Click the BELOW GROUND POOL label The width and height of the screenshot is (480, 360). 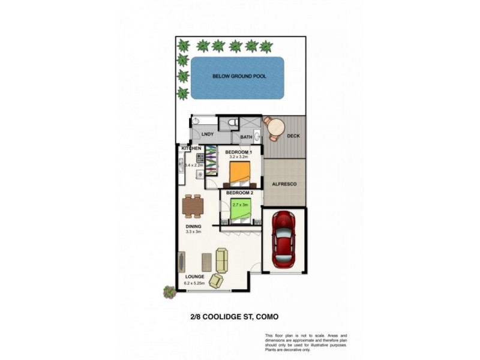[239, 77]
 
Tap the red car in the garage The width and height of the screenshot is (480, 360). [283, 239]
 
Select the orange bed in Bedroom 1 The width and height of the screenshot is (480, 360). [239, 174]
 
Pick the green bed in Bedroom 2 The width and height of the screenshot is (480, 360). [240, 211]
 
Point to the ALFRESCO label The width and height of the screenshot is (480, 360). [284, 185]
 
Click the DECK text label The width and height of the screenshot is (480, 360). [293, 136]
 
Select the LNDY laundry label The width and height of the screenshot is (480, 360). [208, 134]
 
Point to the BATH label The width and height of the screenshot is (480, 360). [246, 137]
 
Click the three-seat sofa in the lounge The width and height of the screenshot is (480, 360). [222, 260]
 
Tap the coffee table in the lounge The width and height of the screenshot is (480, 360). [206, 262]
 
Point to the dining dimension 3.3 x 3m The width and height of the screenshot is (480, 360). [193, 232]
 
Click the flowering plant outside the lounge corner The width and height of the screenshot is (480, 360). [170, 292]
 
